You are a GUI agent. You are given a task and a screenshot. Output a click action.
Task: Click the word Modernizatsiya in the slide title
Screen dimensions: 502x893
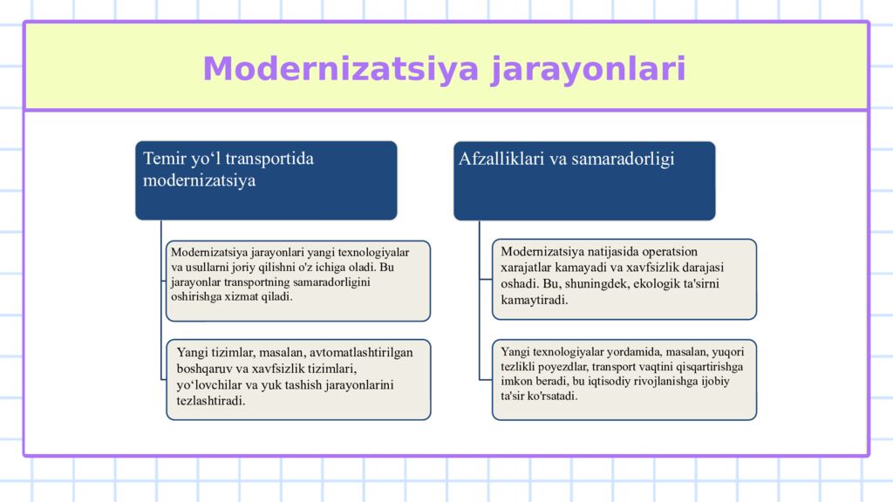(x=342, y=69)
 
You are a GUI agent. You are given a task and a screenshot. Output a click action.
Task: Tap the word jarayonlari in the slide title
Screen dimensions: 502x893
(x=588, y=69)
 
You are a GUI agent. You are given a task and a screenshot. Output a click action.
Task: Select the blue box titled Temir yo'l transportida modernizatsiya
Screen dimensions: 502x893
(x=266, y=180)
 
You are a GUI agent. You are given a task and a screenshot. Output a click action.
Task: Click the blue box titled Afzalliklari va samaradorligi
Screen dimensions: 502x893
(x=583, y=180)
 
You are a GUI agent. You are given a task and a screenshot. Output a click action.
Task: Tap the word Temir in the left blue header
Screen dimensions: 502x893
(x=164, y=159)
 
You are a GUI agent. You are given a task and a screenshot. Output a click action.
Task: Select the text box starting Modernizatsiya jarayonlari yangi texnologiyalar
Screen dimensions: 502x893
(x=298, y=281)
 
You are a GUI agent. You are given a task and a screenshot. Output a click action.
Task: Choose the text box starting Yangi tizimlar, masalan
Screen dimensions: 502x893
(x=298, y=379)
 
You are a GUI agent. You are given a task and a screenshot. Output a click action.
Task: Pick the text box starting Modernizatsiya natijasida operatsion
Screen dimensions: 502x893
(x=624, y=279)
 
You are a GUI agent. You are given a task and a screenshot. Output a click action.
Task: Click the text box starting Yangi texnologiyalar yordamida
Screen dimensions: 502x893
(x=624, y=379)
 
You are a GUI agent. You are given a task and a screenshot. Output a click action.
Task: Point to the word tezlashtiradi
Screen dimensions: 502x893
(x=211, y=401)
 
